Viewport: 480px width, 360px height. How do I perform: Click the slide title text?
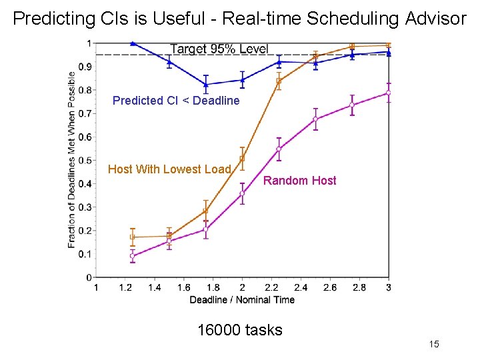(x=240, y=19)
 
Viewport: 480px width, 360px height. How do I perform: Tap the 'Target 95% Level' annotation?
(x=219, y=49)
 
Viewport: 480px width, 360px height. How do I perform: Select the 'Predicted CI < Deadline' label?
(x=176, y=101)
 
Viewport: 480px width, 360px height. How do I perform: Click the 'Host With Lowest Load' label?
(x=169, y=169)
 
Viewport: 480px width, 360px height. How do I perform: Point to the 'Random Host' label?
(x=300, y=181)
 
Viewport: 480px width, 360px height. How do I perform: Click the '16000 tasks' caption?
(x=240, y=330)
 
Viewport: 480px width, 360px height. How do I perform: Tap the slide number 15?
(x=434, y=344)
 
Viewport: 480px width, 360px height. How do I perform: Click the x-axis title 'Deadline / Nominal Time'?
(x=242, y=300)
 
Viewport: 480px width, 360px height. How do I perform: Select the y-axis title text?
(x=72, y=159)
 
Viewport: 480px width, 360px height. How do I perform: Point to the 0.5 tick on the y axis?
(x=85, y=160)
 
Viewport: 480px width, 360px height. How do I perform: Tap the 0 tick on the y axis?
(x=89, y=277)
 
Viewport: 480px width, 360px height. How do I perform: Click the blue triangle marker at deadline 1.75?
(x=206, y=85)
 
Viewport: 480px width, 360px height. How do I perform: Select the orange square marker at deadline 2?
(x=242, y=159)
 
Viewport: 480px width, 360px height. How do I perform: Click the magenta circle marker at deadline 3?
(x=389, y=93)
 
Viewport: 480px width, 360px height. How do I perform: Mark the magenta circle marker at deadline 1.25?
(x=133, y=255)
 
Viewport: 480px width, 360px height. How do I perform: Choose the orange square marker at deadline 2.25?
(x=279, y=81)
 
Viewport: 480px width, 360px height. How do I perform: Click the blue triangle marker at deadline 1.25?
(x=133, y=43)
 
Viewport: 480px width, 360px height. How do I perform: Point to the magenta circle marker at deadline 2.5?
(x=315, y=119)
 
